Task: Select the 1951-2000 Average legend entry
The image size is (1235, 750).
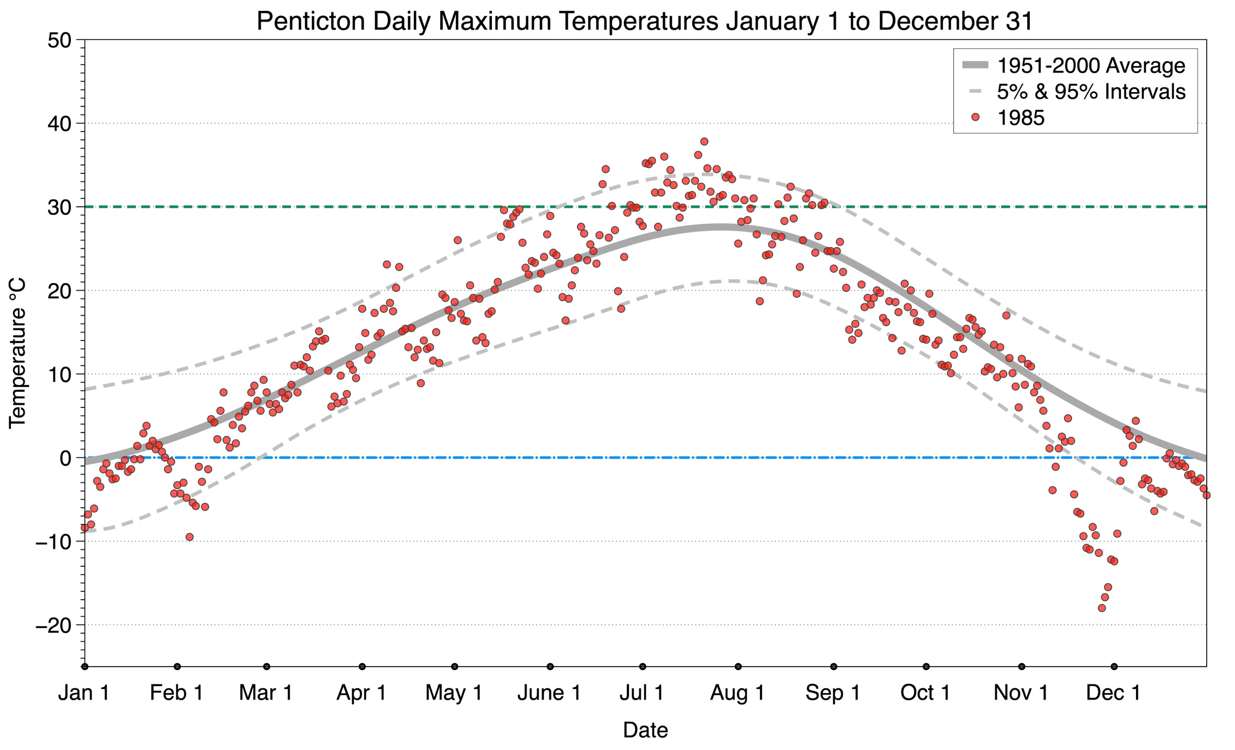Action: (1091, 65)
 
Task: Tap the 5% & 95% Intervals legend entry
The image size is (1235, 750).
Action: (1091, 92)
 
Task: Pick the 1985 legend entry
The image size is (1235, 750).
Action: (1020, 118)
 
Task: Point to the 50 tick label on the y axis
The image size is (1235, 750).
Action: (59, 40)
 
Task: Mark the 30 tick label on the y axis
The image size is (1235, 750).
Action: (59, 207)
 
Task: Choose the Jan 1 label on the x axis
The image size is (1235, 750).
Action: (84, 693)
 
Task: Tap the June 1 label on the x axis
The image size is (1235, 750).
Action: (549, 693)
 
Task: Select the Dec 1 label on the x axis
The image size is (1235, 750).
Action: (1114, 693)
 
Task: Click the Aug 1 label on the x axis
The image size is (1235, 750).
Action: (737, 693)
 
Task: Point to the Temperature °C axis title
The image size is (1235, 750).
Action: (17, 353)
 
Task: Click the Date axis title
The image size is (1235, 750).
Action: (645, 730)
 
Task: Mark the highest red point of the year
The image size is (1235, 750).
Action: (704, 141)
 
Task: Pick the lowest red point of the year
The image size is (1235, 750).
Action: (1102, 608)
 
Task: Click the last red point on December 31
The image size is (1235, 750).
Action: (1206, 495)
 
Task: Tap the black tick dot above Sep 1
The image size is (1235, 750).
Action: (834, 667)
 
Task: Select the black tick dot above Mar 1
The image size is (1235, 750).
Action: (267, 667)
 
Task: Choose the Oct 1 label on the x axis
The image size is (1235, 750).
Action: (925, 693)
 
